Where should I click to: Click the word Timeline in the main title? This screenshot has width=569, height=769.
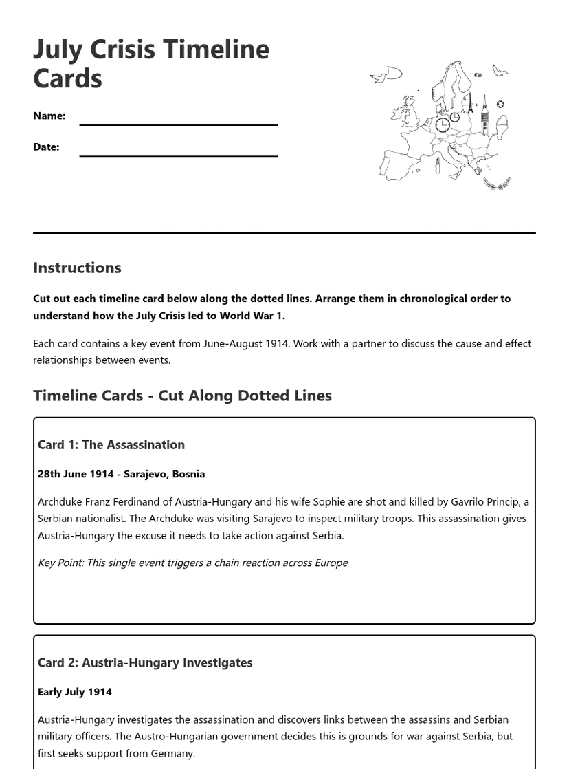(x=215, y=50)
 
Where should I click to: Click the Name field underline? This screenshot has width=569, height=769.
(x=178, y=124)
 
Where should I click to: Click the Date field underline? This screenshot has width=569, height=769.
(x=178, y=155)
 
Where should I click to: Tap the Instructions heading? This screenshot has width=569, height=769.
(x=77, y=268)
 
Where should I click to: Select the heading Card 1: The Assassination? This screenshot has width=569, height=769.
(x=111, y=444)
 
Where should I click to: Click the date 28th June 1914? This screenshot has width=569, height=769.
(x=76, y=474)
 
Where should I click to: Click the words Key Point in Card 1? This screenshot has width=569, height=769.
(x=60, y=563)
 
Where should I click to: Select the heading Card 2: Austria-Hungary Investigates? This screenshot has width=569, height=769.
(x=144, y=662)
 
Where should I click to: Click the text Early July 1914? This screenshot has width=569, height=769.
(x=74, y=692)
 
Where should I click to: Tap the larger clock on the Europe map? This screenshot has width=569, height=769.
(x=443, y=125)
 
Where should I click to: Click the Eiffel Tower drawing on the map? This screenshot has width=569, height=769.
(x=469, y=105)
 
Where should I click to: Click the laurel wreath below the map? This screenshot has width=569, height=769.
(x=496, y=184)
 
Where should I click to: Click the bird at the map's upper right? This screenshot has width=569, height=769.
(x=500, y=70)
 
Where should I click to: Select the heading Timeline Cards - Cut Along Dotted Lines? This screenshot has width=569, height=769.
(x=182, y=396)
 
